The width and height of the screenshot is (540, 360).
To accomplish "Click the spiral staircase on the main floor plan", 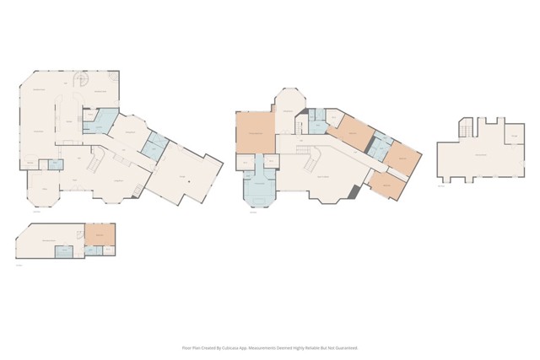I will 83,81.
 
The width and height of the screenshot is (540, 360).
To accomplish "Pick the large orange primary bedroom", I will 255,132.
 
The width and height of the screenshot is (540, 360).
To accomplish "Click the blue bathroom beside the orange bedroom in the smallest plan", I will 91,250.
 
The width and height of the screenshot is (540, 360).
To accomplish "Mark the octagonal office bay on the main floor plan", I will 42,191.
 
